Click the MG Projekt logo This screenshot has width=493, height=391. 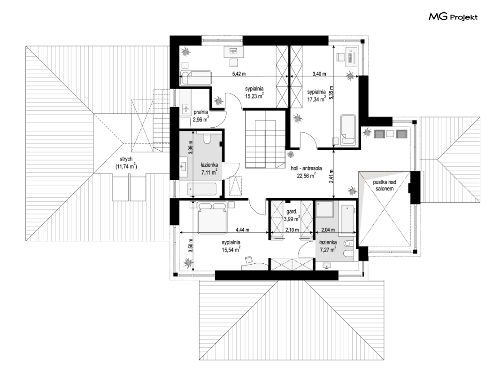coord(453,16)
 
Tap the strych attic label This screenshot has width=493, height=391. coord(126,159)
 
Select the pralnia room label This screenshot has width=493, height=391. coord(200,112)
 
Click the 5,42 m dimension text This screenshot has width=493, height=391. coord(239,74)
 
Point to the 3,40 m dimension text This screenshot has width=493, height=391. coord(319,74)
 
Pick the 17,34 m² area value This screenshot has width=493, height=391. coord(316,100)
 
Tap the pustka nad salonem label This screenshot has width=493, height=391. coord(385,185)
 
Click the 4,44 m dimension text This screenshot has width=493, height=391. coord(242,230)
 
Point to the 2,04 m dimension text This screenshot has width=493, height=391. coord(328,230)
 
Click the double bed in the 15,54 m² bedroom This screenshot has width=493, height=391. coord(212,217)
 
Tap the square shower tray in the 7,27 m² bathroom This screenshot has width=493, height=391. coord(325,209)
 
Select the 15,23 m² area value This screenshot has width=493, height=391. coord(254,96)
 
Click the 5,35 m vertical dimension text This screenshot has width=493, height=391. coord(331,93)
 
